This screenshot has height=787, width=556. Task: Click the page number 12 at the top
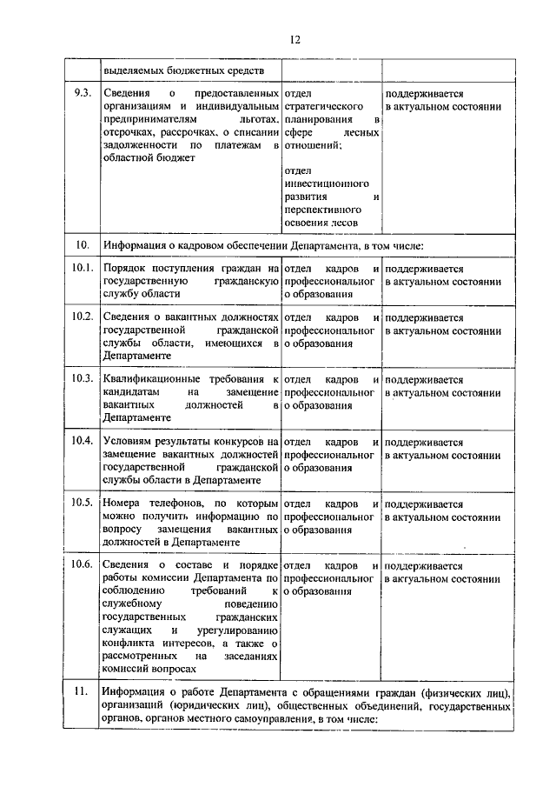pyautogui.click(x=295, y=40)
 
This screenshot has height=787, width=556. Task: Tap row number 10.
pyautogui.click(x=83, y=245)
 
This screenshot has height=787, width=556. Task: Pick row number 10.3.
pyautogui.click(x=83, y=378)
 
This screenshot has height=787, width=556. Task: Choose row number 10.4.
pyautogui.click(x=83, y=441)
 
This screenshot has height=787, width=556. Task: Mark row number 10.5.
pyautogui.click(x=83, y=503)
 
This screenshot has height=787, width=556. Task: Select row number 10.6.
pyautogui.click(x=83, y=565)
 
